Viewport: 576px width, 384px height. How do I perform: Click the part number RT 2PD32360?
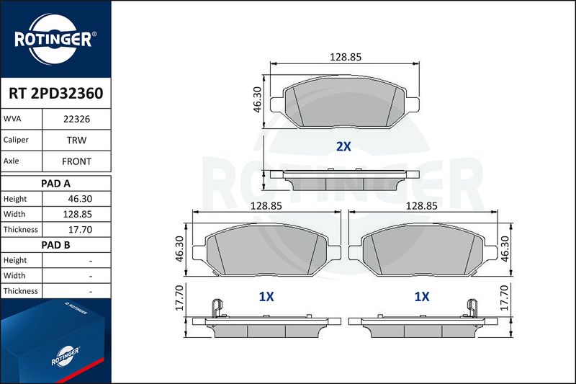click(x=56, y=94)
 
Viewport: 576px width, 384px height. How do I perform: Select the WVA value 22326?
click(x=76, y=119)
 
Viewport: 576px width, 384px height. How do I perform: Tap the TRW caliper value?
click(x=76, y=140)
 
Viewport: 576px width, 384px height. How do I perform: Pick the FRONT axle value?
click(x=76, y=161)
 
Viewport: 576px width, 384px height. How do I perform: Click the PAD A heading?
click(x=56, y=184)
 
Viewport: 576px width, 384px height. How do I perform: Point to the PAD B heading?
click(x=56, y=245)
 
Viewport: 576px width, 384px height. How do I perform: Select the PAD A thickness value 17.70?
click(x=80, y=230)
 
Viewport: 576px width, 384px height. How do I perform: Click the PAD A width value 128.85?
click(x=78, y=214)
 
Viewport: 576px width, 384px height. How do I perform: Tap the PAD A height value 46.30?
click(x=80, y=199)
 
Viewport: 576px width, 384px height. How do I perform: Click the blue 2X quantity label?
click(x=344, y=147)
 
